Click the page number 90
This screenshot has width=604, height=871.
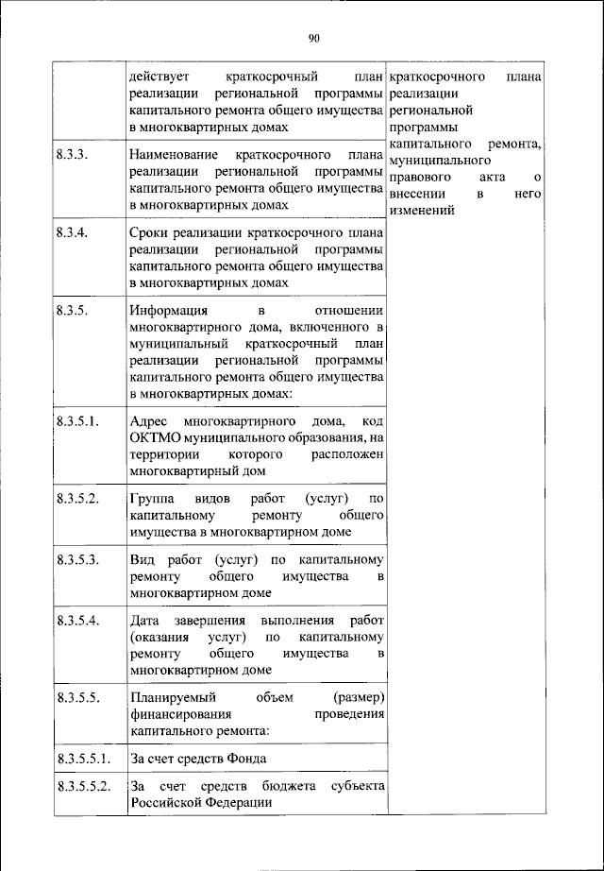pos(314,38)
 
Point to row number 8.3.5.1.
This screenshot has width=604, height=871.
pos(77,419)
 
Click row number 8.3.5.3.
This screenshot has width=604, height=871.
pos(77,559)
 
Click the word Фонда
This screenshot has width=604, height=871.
pos(243,759)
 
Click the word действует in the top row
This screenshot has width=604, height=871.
pos(161,76)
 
